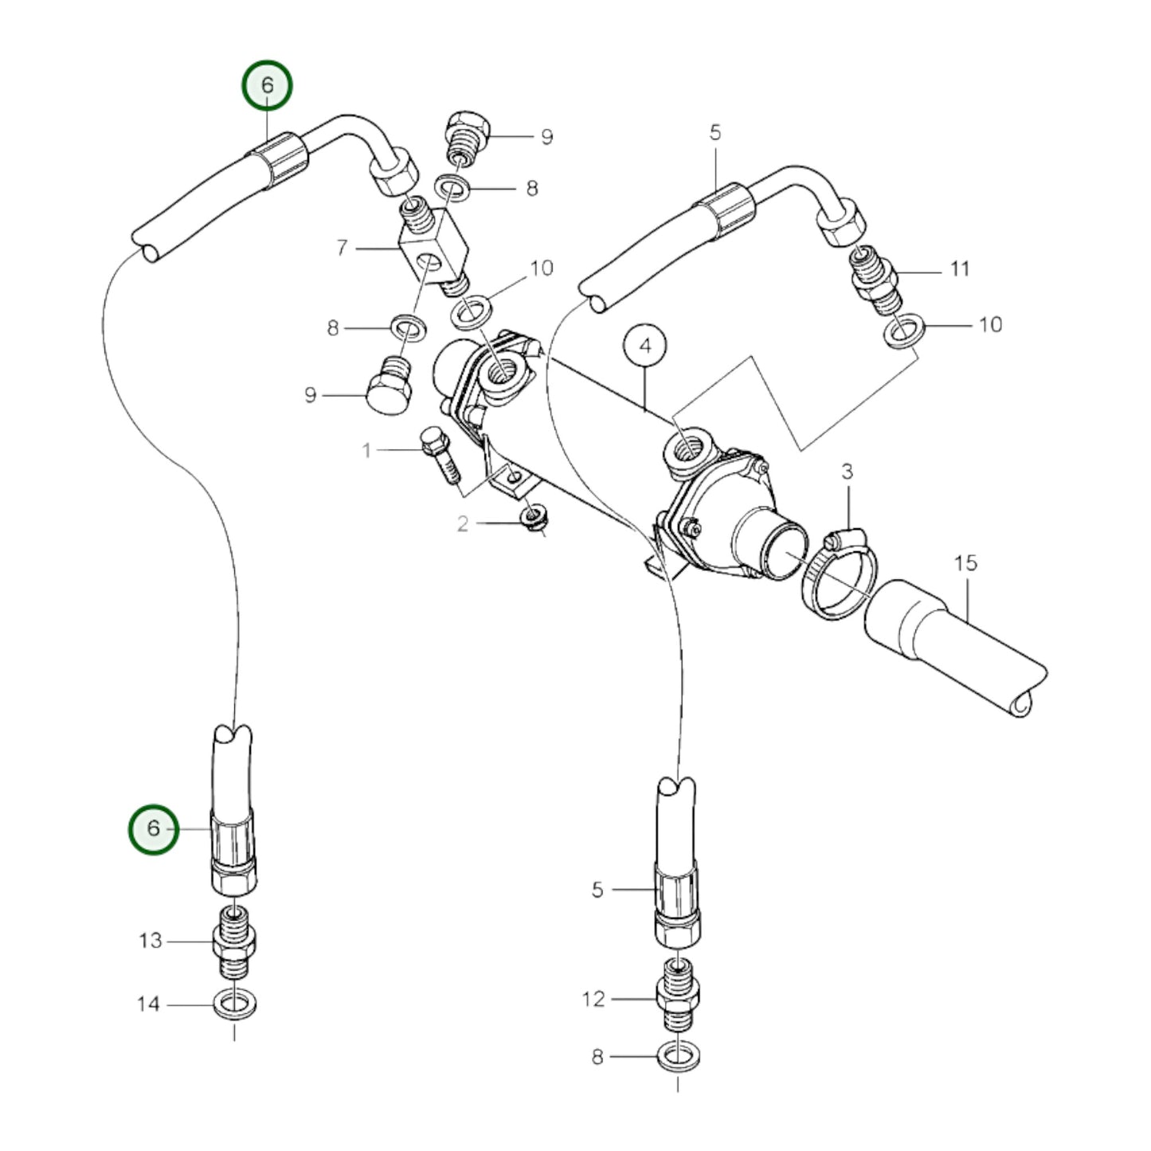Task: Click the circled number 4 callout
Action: [x=645, y=346]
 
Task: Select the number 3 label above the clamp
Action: [x=847, y=472]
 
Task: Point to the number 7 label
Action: [x=342, y=248]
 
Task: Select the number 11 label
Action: [x=960, y=269]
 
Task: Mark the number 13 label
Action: [x=151, y=941]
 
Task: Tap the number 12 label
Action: [x=593, y=999]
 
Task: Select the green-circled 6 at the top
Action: [x=268, y=85]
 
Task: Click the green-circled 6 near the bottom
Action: [x=154, y=828]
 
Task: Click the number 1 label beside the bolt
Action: [x=366, y=452]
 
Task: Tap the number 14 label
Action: [x=149, y=1004]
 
